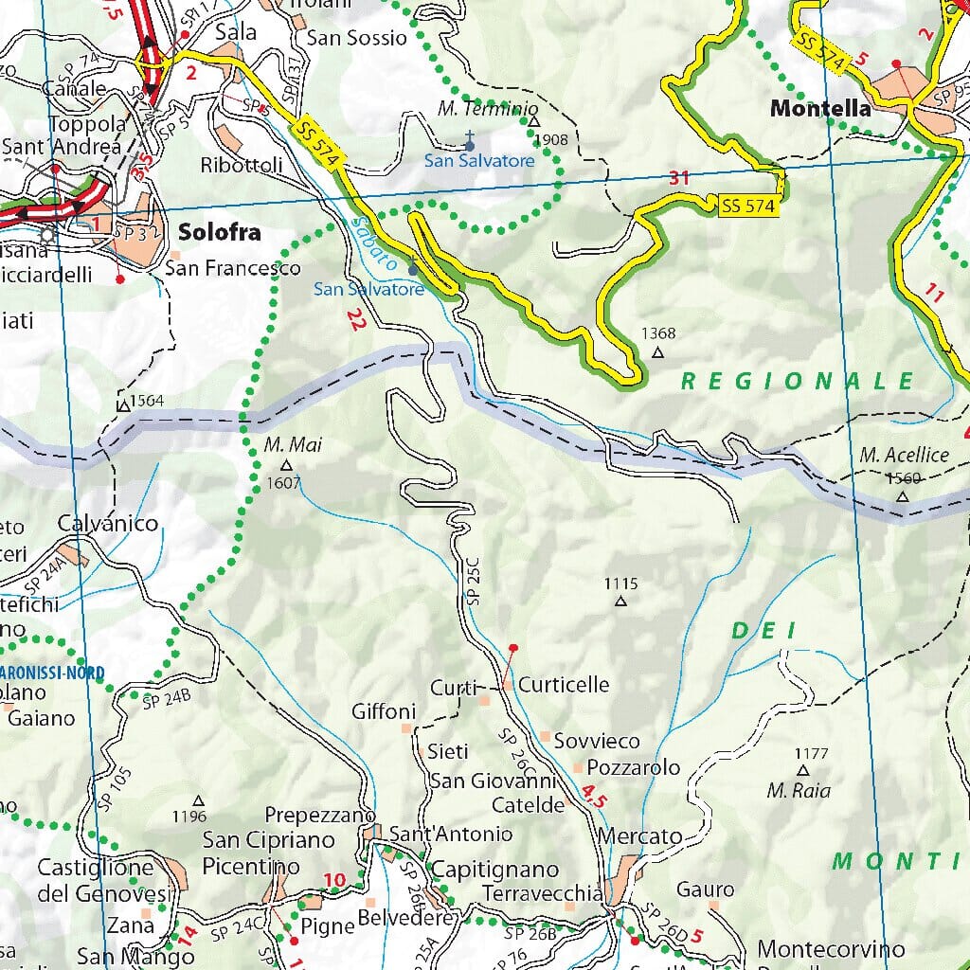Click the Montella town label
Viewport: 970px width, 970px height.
[820, 109]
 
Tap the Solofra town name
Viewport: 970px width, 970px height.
[219, 233]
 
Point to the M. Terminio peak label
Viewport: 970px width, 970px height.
[488, 109]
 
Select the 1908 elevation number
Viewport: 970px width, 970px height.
[550, 140]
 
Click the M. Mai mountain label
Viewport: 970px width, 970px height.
[288, 443]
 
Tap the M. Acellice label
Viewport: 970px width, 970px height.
[905, 455]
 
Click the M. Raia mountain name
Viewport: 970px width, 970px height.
[792, 790]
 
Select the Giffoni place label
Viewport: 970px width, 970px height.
[384, 710]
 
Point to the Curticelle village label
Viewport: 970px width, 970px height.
[564, 684]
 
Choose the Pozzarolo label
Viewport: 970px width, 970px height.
[634, 767]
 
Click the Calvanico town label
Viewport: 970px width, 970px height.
[108, 523]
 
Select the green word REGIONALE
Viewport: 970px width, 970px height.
[798, 381]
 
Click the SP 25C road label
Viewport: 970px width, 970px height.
[473, 582]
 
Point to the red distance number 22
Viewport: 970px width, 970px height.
[356, 319]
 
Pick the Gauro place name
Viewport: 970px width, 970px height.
[706, 889]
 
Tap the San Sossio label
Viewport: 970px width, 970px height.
[356, 38]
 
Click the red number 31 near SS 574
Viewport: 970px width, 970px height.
[678, 177]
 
